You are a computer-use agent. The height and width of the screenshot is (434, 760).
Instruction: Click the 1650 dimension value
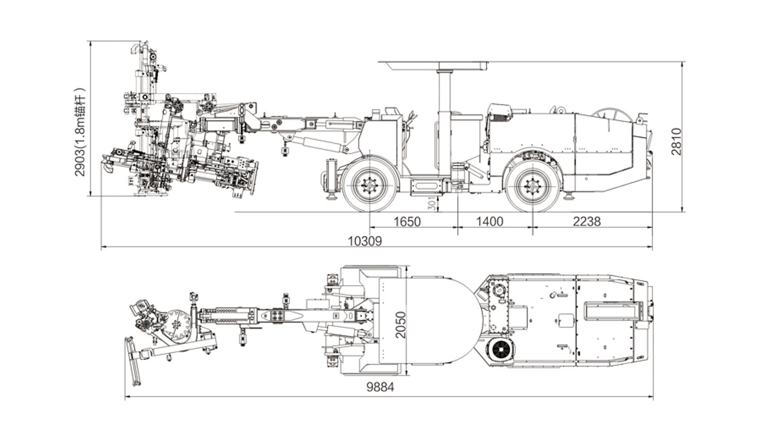click(x=407, y=221)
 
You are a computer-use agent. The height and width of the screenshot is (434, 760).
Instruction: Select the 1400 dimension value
click(x=489, y=221)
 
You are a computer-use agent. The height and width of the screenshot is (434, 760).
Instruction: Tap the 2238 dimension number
click(x=586, y=221)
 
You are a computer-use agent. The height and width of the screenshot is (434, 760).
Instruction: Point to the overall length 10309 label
click(x=365, y=241)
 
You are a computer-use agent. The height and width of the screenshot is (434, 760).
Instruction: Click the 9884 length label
click(x=380, y=387)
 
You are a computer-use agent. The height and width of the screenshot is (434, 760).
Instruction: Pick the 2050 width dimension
click(x=401, y=325)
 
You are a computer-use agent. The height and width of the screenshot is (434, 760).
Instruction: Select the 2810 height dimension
click(x=676, y=141)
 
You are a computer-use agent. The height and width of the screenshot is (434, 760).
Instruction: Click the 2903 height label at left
click(x=80, y=132)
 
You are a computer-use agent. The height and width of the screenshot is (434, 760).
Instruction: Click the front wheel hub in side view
click(x=370, y=186)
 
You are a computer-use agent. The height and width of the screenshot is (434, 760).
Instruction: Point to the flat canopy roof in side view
click(x=433, y=65)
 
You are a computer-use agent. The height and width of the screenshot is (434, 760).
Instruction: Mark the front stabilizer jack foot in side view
click(x=330, y=197)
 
